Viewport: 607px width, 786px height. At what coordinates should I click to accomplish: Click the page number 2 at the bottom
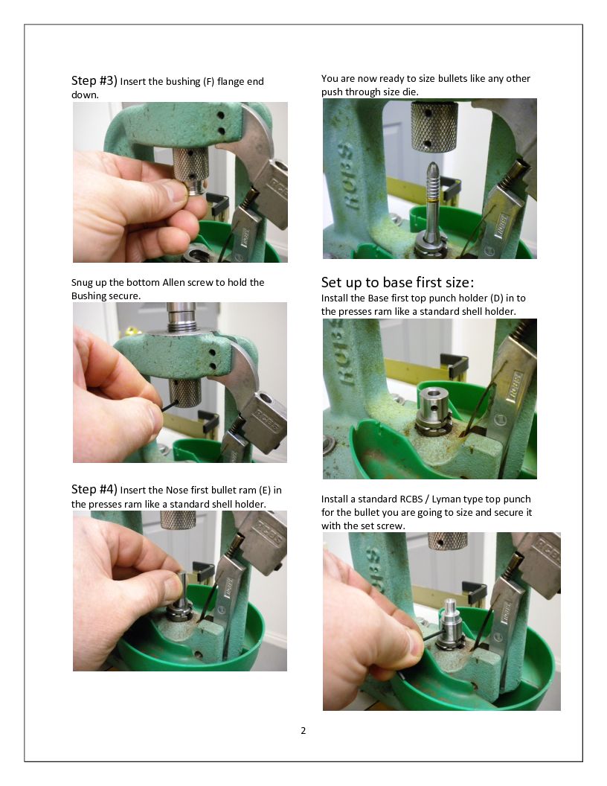coord(303,730)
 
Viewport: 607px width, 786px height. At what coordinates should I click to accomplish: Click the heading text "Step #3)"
coord(94,80)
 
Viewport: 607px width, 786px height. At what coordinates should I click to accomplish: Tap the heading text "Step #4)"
coord(94,489)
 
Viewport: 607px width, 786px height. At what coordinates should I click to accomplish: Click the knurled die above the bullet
coord(434,126)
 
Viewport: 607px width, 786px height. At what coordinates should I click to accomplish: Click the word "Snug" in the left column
coord(82,283)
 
